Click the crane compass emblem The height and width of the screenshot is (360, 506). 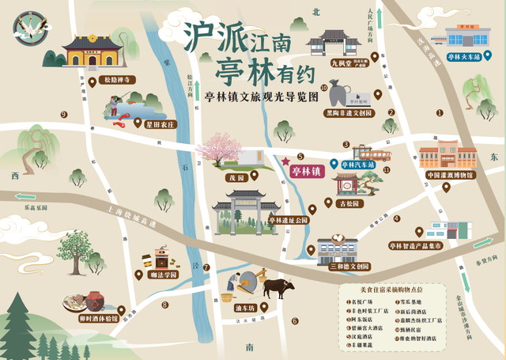click(28, 30)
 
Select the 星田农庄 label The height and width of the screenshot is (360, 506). click(158, 124)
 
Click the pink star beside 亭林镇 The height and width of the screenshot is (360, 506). click(285, 161)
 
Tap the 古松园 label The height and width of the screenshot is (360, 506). click(348, 203)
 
